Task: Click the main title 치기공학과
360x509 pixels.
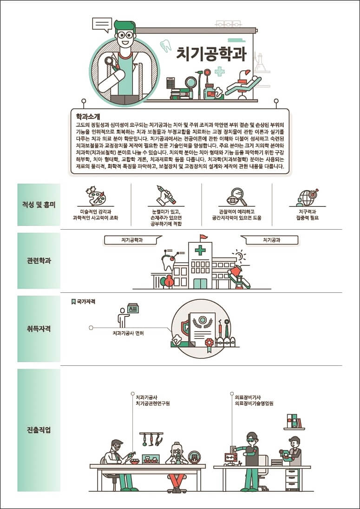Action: point(211,53)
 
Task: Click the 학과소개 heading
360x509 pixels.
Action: point(88,117)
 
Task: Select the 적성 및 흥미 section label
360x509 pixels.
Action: point(39,205)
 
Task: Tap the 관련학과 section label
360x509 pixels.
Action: point(39,260)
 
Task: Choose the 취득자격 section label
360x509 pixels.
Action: point(39,329)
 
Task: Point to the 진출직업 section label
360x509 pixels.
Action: point(39,430)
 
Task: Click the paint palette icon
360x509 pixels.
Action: point(96,196)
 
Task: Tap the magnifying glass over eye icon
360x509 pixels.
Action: point(236,196)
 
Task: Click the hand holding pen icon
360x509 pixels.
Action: point(166,196)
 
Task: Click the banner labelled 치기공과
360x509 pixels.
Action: point(271,240)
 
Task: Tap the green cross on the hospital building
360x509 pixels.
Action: point(200,251)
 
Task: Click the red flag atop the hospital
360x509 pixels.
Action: point(203,237)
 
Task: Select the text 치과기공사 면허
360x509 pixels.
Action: point(128,333)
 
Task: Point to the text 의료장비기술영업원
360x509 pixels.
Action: point(254,403)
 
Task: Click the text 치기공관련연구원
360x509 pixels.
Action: point(153,403)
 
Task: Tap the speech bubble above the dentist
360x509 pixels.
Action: point(102,24)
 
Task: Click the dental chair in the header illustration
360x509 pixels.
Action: point(244,84)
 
